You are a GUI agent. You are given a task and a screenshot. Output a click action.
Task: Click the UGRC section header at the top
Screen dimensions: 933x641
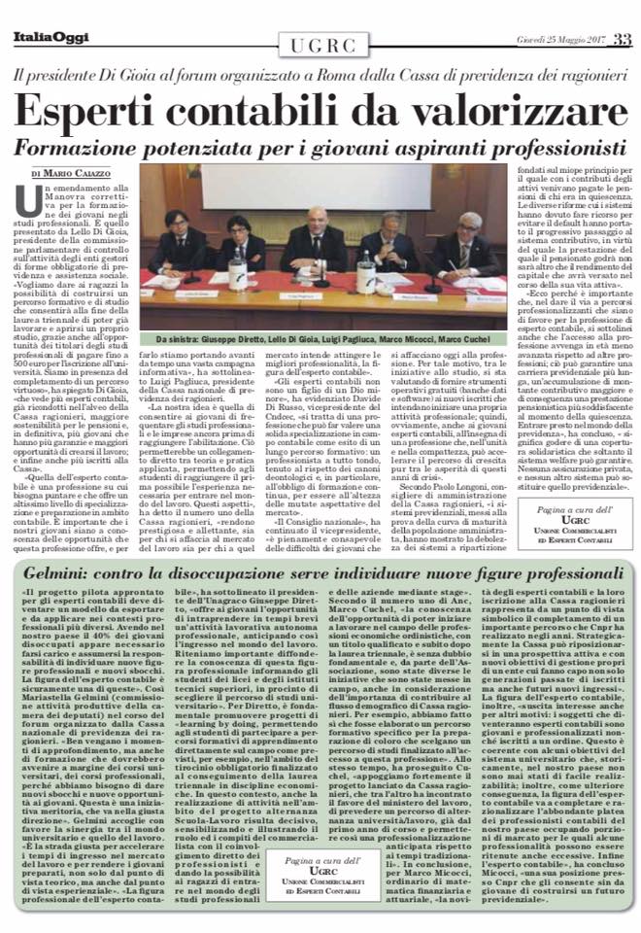(320, 43)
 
